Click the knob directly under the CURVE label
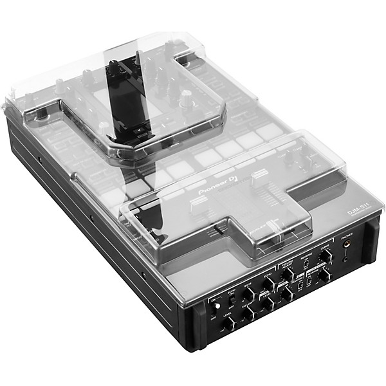pyautogui.click(x=326, y=255)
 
